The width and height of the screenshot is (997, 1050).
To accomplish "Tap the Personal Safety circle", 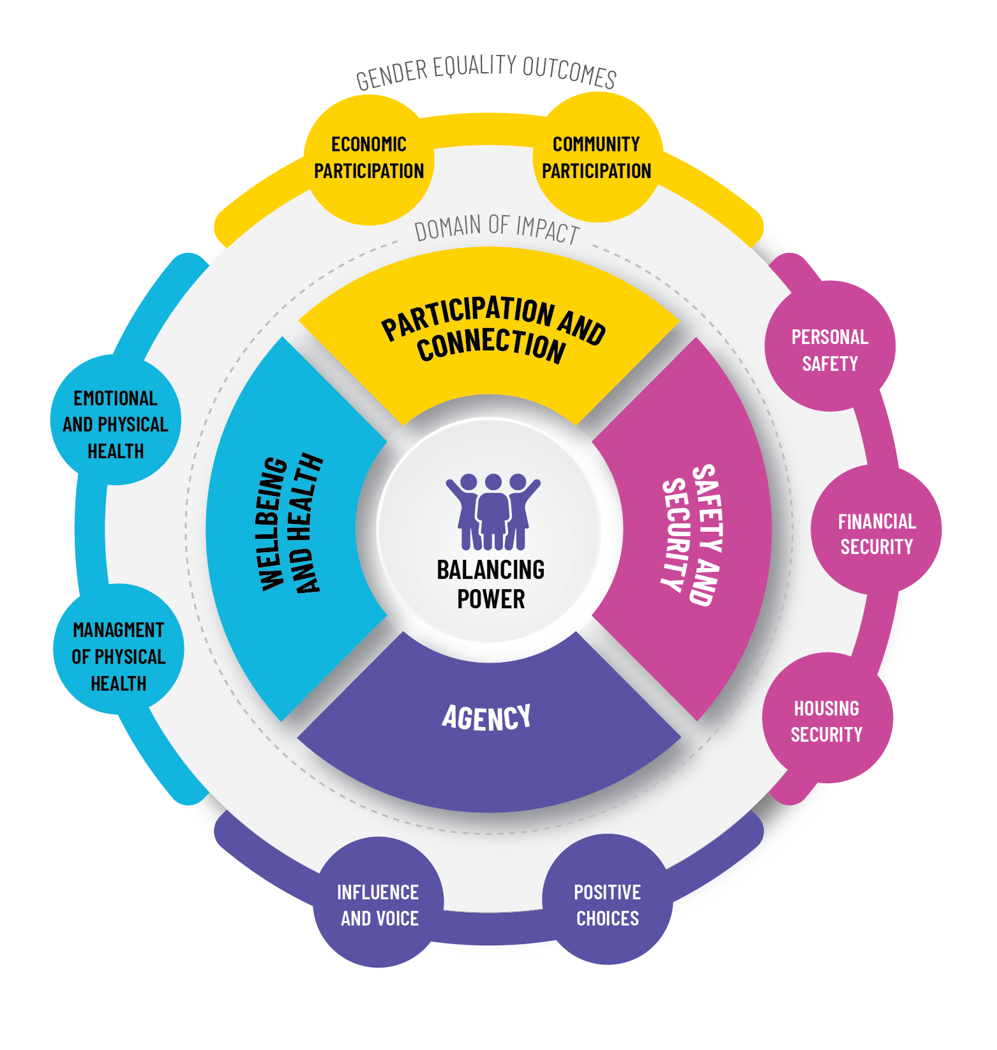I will tap(830, 348).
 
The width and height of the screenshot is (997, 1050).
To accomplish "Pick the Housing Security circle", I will tap(827, 719).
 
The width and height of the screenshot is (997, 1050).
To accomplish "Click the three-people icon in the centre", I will tap(493, 511).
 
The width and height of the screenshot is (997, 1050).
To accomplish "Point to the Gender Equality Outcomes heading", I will tap(486, 70).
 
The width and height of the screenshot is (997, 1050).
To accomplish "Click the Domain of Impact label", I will tap(497, 228).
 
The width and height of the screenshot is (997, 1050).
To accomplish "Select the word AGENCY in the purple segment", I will tap(486, 717).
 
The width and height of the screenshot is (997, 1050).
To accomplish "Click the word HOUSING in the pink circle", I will tap(827, 708).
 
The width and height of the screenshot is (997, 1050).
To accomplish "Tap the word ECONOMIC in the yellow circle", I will tap(369, 144).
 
